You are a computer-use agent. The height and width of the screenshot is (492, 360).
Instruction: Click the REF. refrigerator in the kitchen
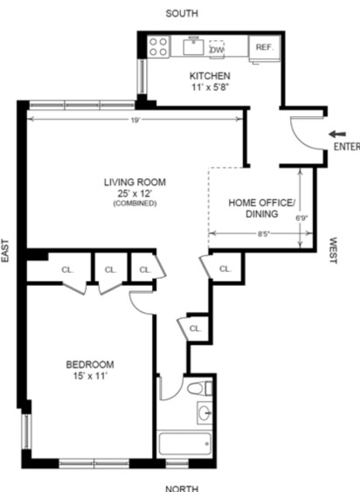pyautogui.click(x=264, y=48)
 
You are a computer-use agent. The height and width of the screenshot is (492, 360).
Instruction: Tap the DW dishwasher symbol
pyautogui.click(x=217, y=49)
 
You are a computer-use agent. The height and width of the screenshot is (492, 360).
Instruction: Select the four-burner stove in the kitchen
pyautogui.click(x=158, y=46)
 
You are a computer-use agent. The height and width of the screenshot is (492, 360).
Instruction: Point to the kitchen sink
pyautogui.click(x=194, y=46)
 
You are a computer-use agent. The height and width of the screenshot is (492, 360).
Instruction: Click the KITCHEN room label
pyautogui.click(x=210, y=76)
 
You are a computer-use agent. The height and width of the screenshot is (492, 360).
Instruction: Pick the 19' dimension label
pyautogui.click(x=135, y=121)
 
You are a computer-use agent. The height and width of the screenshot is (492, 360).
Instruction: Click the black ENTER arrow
pyautogui.click(x=337, y=135)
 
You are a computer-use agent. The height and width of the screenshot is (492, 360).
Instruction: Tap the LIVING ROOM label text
pyautogui.click(x=135, y=183)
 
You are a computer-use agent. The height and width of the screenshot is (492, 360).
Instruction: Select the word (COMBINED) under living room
pyautogui.click(x=135, y=204)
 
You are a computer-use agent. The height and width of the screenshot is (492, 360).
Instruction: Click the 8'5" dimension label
pyautogui.click(x=264, y=234)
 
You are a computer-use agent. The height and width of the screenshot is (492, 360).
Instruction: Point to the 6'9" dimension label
pyautogui.click(x=301, y=218)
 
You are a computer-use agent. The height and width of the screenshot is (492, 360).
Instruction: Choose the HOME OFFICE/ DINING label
pyautogui.click(x=262, y=208)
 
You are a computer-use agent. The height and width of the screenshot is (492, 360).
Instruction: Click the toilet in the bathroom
pyautogui.click(x=200, y=388)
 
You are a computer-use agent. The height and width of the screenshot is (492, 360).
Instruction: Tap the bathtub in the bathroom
pyautogui.click(x=184, y=444)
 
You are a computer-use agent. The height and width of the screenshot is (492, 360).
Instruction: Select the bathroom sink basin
pyautogui.click(x=204, y=412)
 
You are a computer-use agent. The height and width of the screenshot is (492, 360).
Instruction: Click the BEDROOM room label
pyautogui.click(x=90, y=364)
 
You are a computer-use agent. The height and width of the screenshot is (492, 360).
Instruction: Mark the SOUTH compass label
pyautogui.click(x=182, y=13)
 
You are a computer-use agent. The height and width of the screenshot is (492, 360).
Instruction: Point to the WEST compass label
pyautogui.click(x=333, y=251)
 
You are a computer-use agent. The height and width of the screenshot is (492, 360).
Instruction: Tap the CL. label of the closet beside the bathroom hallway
pyautogui.click(x=195, y=329)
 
